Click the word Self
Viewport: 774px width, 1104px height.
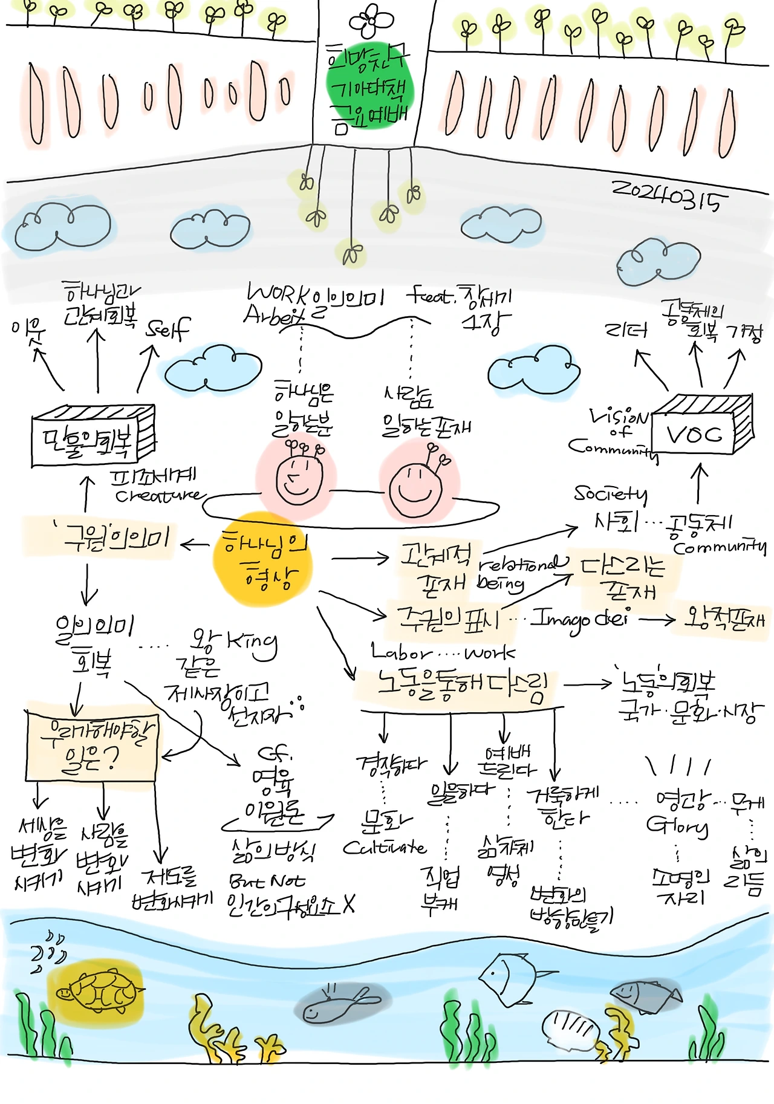(168, 329)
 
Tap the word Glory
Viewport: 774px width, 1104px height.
(677, 826)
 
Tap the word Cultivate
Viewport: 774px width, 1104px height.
(385, 848)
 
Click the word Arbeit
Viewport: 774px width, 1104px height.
(273, 316)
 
